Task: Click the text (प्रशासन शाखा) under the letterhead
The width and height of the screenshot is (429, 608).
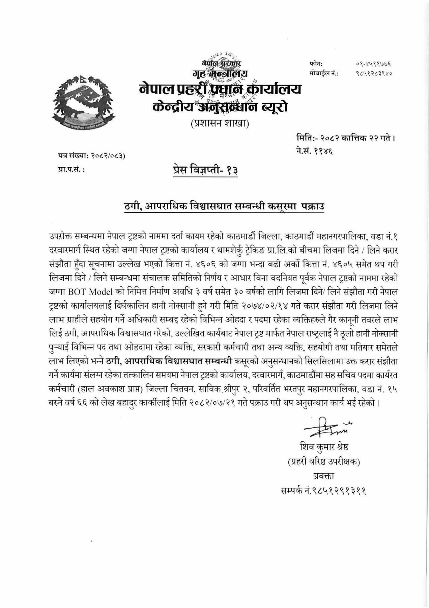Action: point(219,124)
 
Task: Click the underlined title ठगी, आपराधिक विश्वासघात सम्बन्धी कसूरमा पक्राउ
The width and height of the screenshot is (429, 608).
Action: point(224,206)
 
